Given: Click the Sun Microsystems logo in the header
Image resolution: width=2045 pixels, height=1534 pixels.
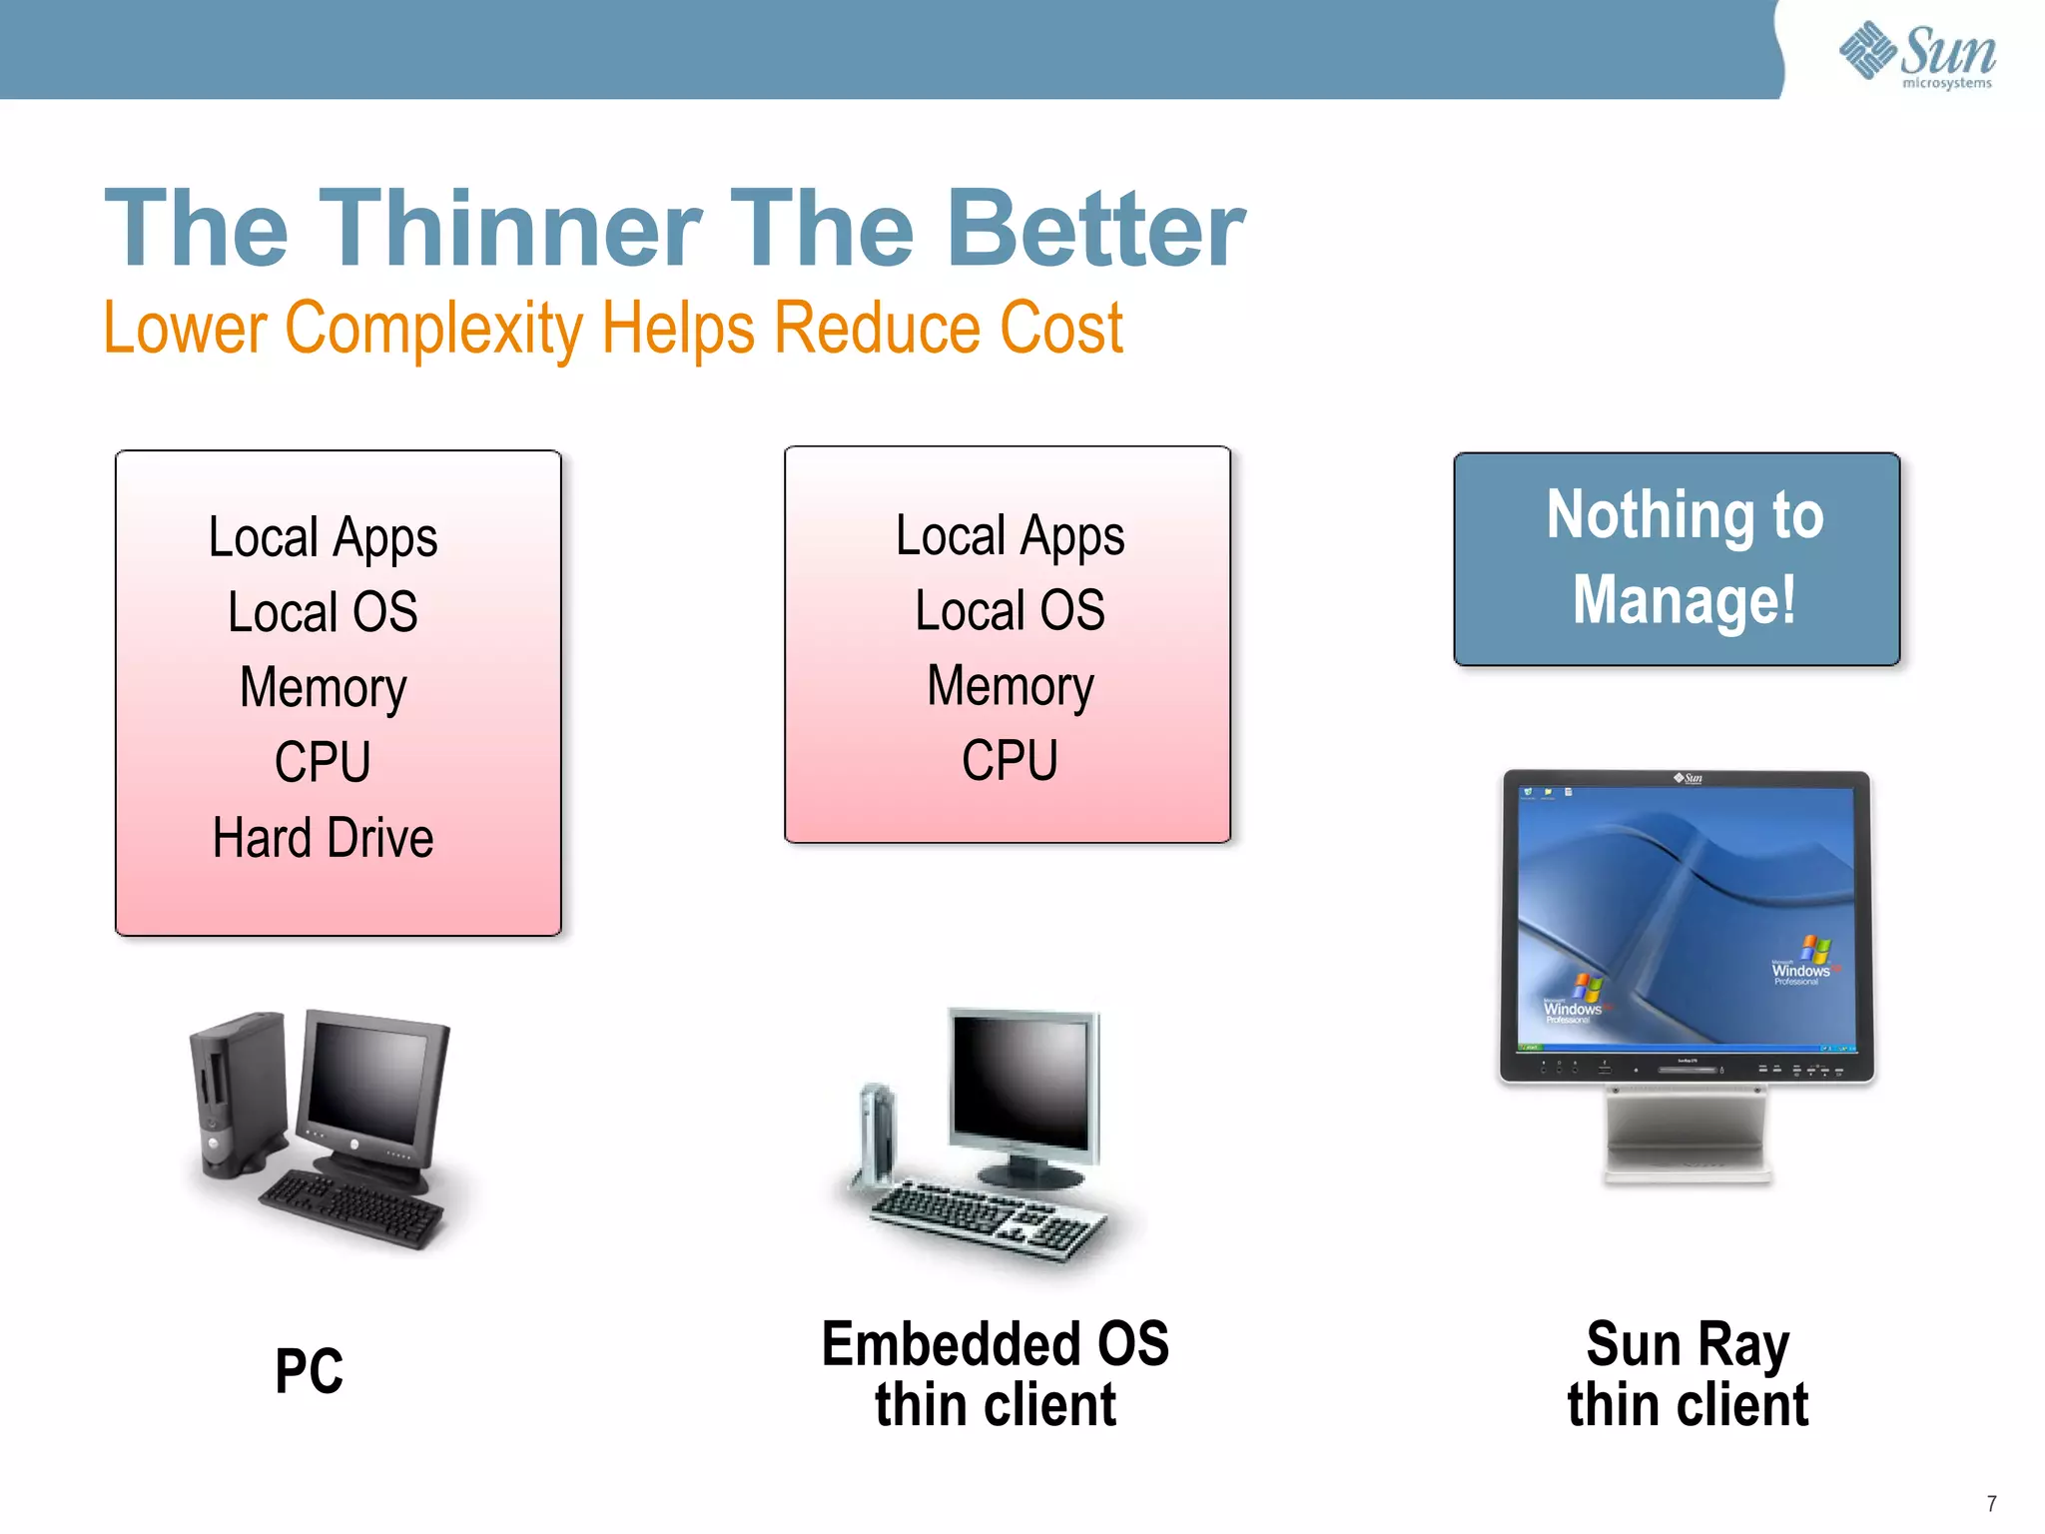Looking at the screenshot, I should click(1917, 55).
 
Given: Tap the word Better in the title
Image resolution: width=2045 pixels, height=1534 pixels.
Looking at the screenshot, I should click(1095, 230).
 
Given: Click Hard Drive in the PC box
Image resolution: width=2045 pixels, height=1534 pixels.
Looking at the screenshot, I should click(323, 838).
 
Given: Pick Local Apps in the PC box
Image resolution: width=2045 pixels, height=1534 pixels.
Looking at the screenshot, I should click(323, 538).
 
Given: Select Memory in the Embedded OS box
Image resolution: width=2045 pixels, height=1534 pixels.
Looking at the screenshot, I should click(1010, 687).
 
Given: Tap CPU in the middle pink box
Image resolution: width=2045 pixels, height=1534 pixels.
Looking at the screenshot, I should click(1010, 761).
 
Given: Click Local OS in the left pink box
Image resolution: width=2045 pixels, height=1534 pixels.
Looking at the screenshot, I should click(323, 612).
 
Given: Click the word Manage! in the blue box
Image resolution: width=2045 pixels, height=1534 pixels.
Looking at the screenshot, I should click(1684, 599).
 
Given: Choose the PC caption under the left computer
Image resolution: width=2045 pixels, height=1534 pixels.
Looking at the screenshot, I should click(310, 1371).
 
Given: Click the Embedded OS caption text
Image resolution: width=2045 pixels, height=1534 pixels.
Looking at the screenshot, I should click(995, 1344).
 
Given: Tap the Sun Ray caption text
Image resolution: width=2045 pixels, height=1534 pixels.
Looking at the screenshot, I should click(1688, 1344).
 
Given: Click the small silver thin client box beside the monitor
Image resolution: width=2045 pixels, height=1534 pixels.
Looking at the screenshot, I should click(876, 1134).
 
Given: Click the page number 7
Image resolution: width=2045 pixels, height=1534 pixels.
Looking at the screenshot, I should click(1991, 1503).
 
